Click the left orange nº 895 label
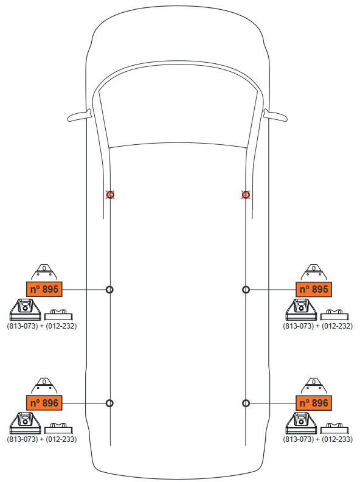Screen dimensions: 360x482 click(44, 289)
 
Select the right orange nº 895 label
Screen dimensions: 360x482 click(314, 289)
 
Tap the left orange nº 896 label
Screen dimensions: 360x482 click(44, 403)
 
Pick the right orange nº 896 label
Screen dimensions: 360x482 click(314, 403)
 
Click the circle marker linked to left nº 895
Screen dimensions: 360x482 click(109, 290)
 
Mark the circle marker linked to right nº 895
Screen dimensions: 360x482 click(246, 290)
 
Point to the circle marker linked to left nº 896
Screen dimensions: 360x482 click(109, 403)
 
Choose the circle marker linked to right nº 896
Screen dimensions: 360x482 click(246, 403)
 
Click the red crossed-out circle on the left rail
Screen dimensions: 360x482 click(110, 195)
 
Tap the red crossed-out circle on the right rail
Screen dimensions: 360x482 click(246, 195)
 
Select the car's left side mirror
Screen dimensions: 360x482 click(80, 116)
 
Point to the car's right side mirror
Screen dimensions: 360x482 click(275, 116)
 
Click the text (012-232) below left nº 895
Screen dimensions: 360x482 click(61, 326)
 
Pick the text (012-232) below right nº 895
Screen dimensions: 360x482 click(337, 326)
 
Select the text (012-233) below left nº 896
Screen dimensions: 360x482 click(61, 439)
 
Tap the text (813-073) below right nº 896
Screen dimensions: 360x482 click(298, 439)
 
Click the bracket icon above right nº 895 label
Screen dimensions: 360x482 click(314, 272)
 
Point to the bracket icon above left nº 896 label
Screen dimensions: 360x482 click(44, 386)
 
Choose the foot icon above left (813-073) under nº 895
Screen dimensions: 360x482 click(25, 310)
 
